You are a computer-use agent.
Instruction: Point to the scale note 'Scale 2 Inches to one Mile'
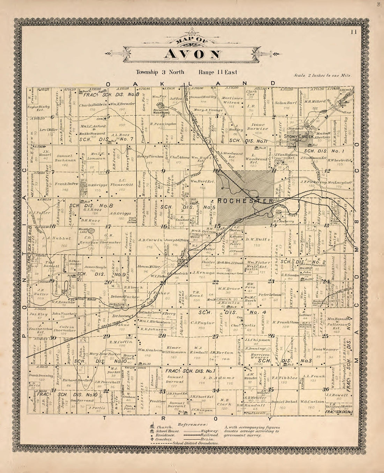(323, 75)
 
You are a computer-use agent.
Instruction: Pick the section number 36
(326, 390)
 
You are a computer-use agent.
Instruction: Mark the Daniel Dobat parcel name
(283, 401)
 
